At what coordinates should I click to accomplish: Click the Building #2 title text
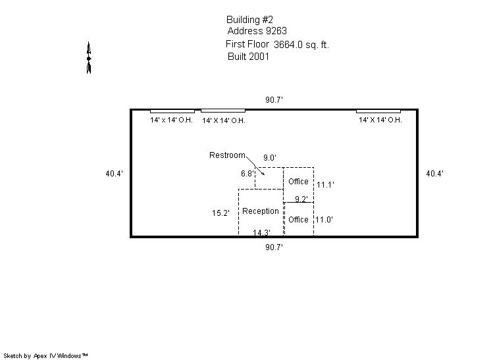point(249,20)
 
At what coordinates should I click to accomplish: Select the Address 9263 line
point(257,31)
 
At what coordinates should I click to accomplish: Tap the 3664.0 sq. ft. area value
point(301,45)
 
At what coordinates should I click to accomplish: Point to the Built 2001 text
point(248,57)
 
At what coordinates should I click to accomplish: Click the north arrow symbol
point(89,58)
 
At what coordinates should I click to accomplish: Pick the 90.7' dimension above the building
point(274,100)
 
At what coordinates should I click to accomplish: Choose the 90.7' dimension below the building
point(274,247)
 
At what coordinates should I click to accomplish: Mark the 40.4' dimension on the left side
point(115,174)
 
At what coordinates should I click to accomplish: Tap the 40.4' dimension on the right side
point(434,174)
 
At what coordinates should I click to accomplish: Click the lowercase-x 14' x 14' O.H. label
point(171,120)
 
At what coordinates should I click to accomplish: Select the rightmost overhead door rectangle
point(378,111)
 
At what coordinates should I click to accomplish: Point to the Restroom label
point(227,155)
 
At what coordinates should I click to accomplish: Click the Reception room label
point(261,211)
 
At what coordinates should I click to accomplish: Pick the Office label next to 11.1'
point(298,182)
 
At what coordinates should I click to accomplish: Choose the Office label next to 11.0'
point(298,220)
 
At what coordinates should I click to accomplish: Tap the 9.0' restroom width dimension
point(270,158)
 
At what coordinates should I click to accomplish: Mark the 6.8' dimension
point(247,174)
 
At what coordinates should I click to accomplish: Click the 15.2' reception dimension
point(220,213)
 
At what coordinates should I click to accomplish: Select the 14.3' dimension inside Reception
point(261,232)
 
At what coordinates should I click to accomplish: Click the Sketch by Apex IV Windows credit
point(45,356)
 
